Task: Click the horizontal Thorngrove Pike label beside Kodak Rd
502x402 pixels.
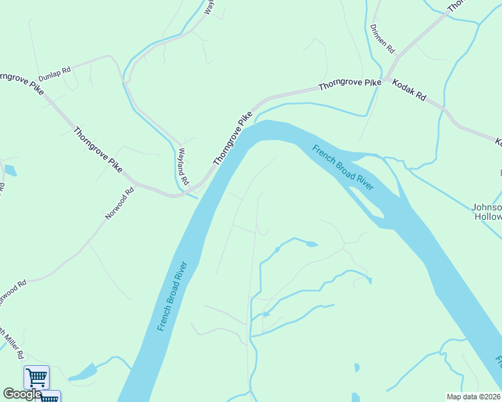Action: click(x=349, y=85)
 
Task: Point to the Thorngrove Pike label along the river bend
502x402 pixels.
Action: click(x=232, y=139)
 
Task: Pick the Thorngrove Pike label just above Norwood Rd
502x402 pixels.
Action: click(x=98, y=149)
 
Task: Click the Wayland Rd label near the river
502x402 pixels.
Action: click(x=182, y=167)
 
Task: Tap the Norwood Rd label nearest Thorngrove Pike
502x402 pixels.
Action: click(x=119, y=204)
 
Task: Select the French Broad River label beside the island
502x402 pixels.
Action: click(x=342, y=167)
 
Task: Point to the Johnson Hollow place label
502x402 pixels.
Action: click(x=488, y=212)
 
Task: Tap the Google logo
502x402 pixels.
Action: click(x=22, y=394)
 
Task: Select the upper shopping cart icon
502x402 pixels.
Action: click(x=36, y=377)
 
